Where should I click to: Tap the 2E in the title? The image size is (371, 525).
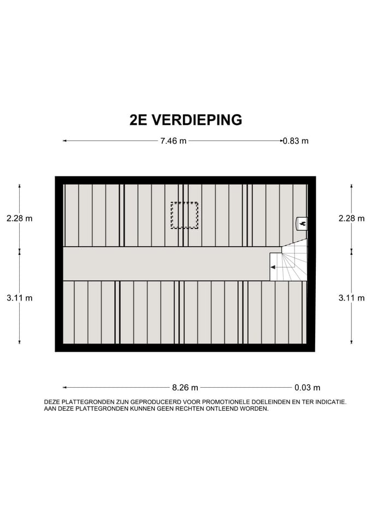point(139,120)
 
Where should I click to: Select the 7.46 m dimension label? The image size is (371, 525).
point(173,141)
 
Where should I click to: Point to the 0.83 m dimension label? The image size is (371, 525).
point(296,141)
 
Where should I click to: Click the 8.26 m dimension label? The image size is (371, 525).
point(185,388)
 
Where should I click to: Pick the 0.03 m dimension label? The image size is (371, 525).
point(307,388)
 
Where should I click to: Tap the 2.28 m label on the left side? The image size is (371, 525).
point(19,218)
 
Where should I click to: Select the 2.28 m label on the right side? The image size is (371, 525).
point(351,218)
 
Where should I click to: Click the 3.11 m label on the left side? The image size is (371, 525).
point(19,298)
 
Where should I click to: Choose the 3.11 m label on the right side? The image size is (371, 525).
point(351,298)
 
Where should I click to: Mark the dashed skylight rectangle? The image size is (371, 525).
point(184,215)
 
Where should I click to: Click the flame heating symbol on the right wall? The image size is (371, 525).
point(302,223)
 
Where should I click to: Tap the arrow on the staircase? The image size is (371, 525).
point(274,267)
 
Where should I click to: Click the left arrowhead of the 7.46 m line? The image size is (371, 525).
point(64,141)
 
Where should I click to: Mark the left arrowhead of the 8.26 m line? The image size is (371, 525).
point(64,388)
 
